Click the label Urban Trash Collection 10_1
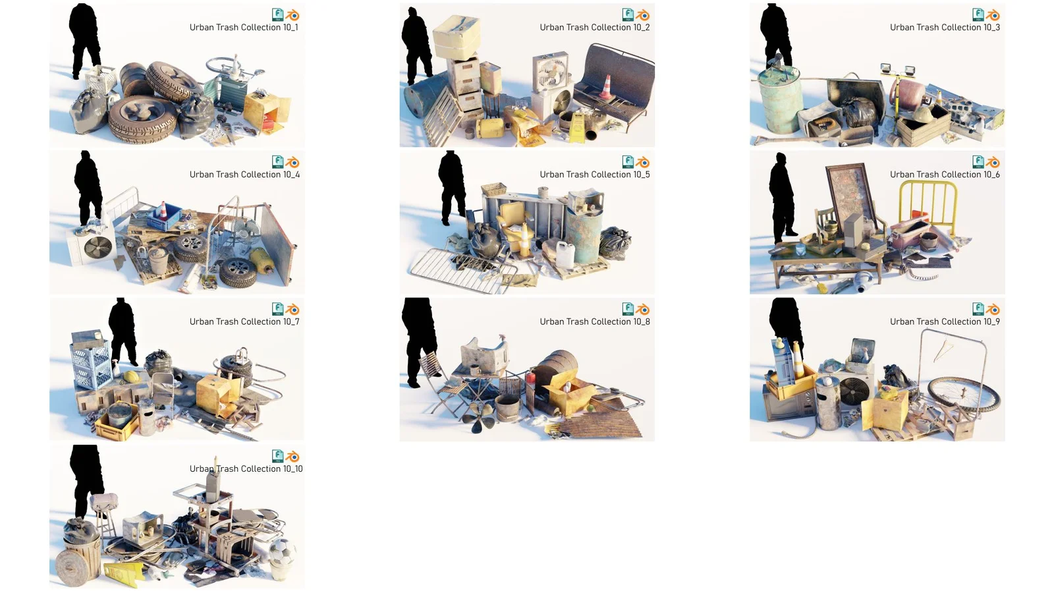click(x=244, y=28)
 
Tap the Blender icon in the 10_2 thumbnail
click(x=643, y=15)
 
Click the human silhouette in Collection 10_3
click(x=775, y=33)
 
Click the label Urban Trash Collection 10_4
click(x=244, y=175)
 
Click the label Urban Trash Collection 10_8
click(x=594, y=322)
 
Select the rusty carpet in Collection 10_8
click(x=606, y=419)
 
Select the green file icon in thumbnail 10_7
click(x=277, y=309)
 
